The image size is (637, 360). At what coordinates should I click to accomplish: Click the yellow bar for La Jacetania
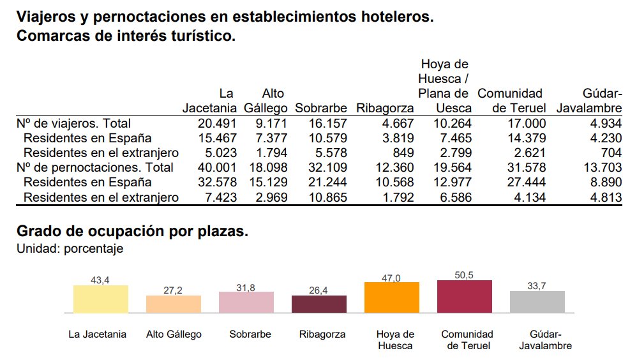click(101, 299)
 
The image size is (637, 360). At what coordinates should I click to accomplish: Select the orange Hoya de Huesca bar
click(392, 297)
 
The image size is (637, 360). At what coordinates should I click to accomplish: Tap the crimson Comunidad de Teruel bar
click(464, 297)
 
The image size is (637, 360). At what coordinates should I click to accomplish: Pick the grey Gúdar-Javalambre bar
click(537, 302)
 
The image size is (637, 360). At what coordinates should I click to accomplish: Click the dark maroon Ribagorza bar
click(319, 304)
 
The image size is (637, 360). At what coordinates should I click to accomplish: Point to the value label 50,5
click(464, 275)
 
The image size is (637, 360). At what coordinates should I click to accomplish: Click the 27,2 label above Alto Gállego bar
click(173, 290)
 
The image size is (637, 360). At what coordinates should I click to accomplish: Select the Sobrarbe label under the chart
click(250, 334)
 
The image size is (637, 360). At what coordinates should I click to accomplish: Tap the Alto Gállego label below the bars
click(174, 334)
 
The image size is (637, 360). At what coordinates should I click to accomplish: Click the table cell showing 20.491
click(217, 123)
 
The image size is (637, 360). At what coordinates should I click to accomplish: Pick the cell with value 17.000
click(527, 123)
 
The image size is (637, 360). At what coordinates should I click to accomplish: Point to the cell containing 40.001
click(217, 167)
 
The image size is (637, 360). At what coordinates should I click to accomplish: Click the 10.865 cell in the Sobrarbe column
click(328, 197)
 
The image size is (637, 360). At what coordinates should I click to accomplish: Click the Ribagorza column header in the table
click(385, 109)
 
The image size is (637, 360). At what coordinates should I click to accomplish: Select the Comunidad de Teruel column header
click(511, 101)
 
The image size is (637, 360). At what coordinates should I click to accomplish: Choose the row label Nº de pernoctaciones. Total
click(95, 167)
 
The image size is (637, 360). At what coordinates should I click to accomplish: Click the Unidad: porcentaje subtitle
click(70, 249)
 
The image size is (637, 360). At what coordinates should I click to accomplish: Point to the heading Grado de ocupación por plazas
click(132, 231)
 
